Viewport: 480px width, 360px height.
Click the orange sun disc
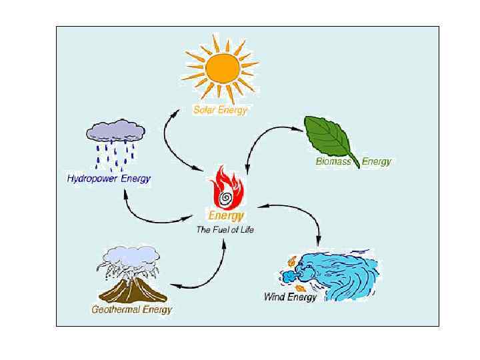pyautogui.click(x=220, y=68)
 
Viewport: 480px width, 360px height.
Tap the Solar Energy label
pyautogui.click(x=220, y=110)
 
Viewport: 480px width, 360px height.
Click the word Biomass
pyautogui.click(x=333, y=162)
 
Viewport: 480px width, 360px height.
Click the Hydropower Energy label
pyautogui.click(x=109, y=179)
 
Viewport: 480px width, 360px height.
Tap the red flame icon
pyautogui.click(x=226, y=189)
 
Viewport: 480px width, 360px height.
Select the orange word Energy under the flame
pyautogui.click(x=227, y=216)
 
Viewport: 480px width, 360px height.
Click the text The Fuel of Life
pyautogui.click(x=225, y=230)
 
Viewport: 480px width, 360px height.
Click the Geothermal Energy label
pyautogui.click(x=131, y=309)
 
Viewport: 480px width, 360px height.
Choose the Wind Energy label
pyautogui.click(x=291, y=297)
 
